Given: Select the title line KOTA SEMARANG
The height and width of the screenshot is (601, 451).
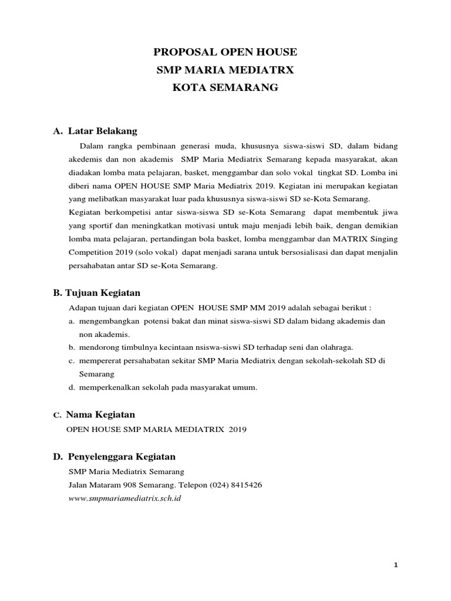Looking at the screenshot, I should click(225, 88).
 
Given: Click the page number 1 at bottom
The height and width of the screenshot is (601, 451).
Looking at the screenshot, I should click(396, 565).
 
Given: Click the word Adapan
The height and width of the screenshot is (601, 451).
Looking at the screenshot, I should click(82, 307).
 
